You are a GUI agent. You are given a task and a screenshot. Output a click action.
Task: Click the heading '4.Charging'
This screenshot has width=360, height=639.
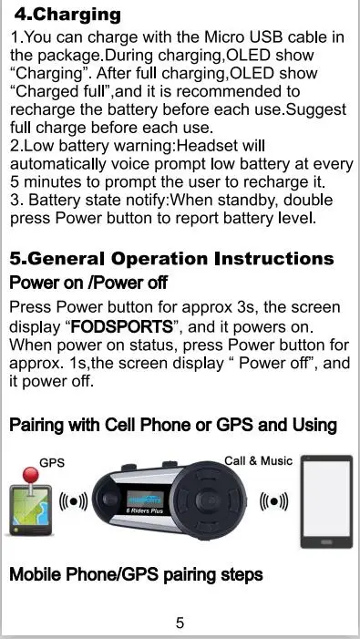tap(67, 15)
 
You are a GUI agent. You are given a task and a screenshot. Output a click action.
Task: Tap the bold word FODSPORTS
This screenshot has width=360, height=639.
tap(122, 327)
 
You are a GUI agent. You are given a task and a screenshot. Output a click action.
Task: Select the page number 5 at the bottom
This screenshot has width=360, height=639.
tap(180, 623)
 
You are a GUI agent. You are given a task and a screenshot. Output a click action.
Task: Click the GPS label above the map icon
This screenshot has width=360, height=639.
tap(52, 463)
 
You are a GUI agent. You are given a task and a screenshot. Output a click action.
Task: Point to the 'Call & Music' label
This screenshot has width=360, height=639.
tap(259, 461)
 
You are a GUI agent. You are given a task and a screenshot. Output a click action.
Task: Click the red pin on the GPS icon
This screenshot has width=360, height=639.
tap(31, 475)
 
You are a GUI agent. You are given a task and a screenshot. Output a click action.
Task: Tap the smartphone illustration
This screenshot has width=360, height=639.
tap(326, 501)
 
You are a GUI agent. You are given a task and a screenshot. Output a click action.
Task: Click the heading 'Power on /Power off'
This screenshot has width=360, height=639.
tap(88, 283)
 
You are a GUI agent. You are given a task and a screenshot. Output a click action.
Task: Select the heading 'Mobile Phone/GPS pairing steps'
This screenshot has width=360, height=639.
tap(136, 574)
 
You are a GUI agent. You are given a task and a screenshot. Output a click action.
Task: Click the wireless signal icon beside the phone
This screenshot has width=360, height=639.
tap(274, 501)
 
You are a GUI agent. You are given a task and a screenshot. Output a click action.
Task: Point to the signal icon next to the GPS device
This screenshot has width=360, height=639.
tap(74, 501)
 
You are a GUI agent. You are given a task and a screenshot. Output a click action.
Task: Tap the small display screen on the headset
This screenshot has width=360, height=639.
tap(145, 500)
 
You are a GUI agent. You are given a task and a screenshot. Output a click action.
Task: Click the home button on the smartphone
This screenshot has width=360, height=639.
tap(326, 542)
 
